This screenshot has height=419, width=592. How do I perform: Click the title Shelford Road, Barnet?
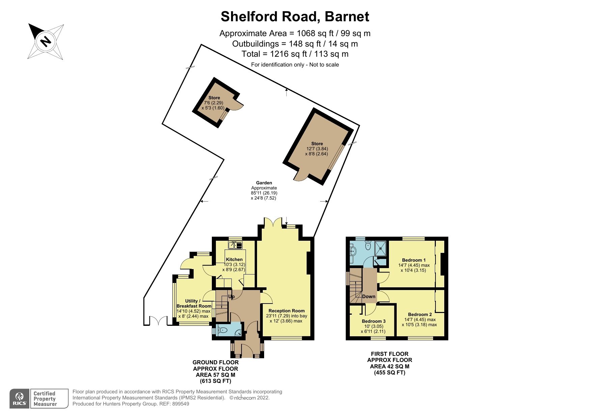tap(295, 17)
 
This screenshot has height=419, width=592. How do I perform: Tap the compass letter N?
tap(45, 42)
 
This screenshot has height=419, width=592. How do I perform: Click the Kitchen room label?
tap(234, 259)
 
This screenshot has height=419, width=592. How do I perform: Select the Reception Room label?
tap(286, 311)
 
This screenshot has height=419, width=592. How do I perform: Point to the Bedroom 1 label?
tap(414, 260)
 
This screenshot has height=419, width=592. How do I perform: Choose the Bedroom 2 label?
tap(420, 314)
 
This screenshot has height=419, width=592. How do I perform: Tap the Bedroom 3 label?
tap(373, 321)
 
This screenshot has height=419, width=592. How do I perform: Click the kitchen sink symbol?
tap(235, 245)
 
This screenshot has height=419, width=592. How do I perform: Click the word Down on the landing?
tap(369, 296)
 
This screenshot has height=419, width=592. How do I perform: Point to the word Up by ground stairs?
tap(231, 297)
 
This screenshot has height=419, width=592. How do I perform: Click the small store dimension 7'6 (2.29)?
tap(214, 103)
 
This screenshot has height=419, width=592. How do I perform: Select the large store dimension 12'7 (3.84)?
tap(317, 149)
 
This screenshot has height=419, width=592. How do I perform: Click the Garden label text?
tap(264, 183)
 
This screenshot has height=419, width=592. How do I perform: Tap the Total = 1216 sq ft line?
tap(295, 54)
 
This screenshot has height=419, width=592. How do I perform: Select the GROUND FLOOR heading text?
tap(215, 362)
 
